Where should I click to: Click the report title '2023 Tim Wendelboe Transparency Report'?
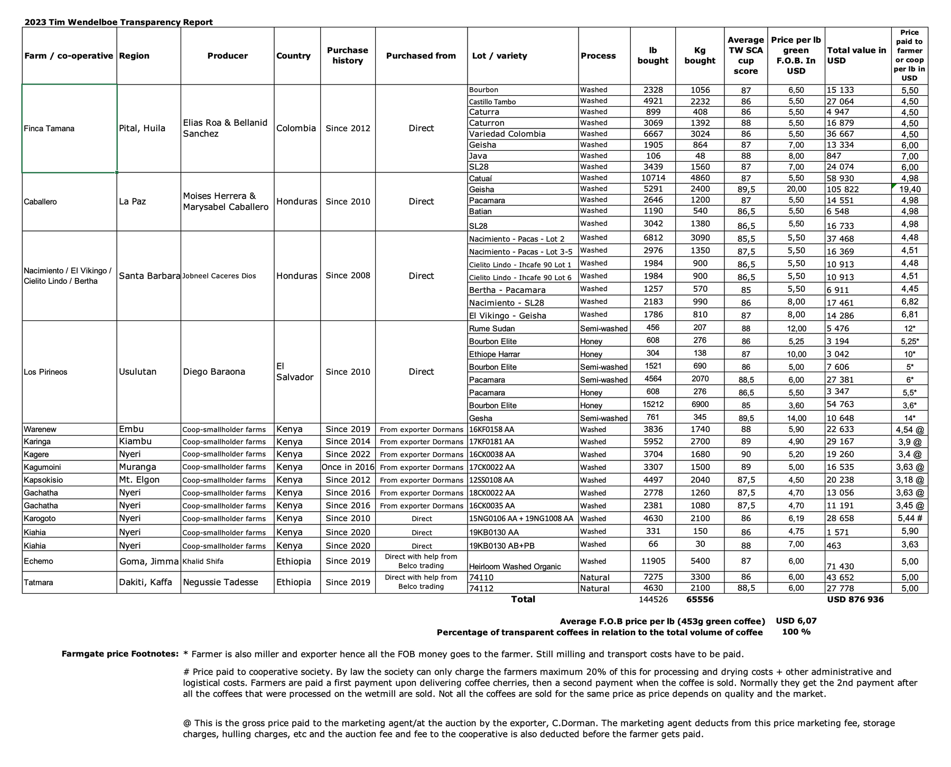point(118,22)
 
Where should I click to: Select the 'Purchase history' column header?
point(347,56)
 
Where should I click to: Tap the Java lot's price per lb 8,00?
point(796,156)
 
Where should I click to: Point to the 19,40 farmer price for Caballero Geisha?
point(909,189)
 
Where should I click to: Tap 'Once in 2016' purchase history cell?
point(348,467)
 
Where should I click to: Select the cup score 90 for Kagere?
point(745,455)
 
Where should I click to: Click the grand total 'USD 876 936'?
point(855,599)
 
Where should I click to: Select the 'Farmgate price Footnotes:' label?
point(120,654)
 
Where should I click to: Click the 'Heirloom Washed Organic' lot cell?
point(515,567)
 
